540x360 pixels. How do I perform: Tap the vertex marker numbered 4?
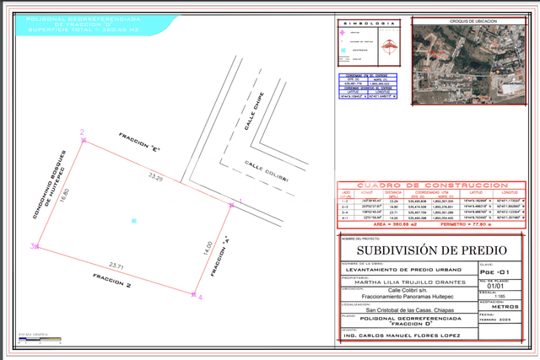195,295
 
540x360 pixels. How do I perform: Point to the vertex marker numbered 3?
33,246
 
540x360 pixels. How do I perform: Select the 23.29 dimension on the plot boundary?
154,178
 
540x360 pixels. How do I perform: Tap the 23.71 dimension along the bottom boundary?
116,266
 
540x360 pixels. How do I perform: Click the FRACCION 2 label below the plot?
111,280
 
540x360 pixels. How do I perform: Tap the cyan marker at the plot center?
133,220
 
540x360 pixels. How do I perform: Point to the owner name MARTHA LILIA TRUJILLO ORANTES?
400,282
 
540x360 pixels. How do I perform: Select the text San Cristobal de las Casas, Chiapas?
400,311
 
